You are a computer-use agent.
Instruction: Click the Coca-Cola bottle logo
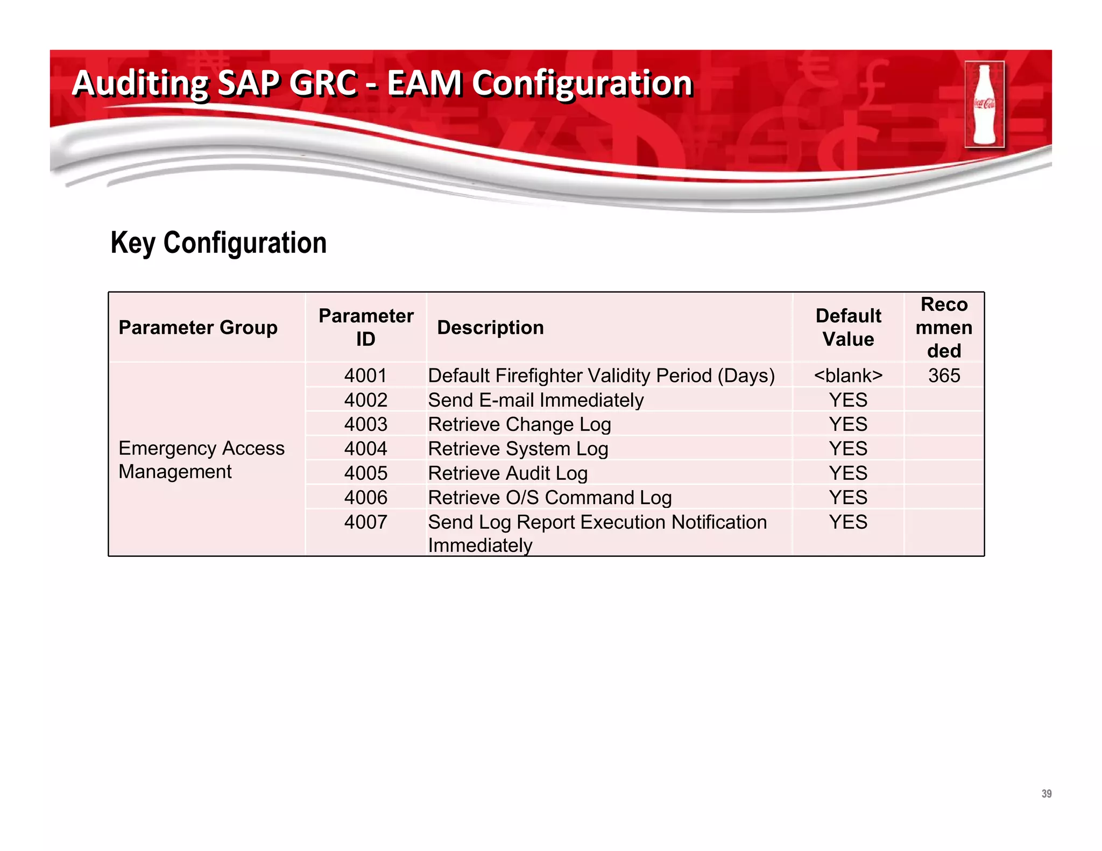(x=984, y=104)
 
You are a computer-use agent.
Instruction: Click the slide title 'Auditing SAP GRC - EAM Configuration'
(x=382, y=83)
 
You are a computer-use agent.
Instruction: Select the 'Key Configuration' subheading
(x=218, y=243)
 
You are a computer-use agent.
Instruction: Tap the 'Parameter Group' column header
(x=198, y=328)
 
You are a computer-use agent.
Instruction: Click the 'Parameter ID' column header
(x=366, y=327)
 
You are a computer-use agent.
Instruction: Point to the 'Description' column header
(x=490, y=328)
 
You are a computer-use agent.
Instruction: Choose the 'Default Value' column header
(x=848, y=327)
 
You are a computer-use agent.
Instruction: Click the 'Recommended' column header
(x=944, y=327)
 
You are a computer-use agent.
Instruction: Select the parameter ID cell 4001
(x=366, y=375)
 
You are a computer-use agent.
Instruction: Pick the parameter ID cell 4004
(x=366, y=449)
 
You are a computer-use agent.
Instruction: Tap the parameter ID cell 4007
(x=366, y=522)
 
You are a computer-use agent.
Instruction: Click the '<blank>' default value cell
(x=848, y=375)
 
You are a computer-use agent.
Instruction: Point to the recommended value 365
(x=944, y=375)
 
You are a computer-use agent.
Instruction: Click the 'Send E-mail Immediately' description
(x=536, y=400)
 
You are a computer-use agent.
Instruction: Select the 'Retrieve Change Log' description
(x=520, y=424)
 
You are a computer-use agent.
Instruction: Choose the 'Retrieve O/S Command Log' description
(x=550, y=498)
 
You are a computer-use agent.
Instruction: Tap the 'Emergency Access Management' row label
(x=201, y=460)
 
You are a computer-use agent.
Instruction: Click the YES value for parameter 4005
(x=848, y=473)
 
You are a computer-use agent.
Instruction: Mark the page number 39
(x=1046, y=793)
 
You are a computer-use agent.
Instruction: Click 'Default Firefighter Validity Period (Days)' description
(x=601, y=375)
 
